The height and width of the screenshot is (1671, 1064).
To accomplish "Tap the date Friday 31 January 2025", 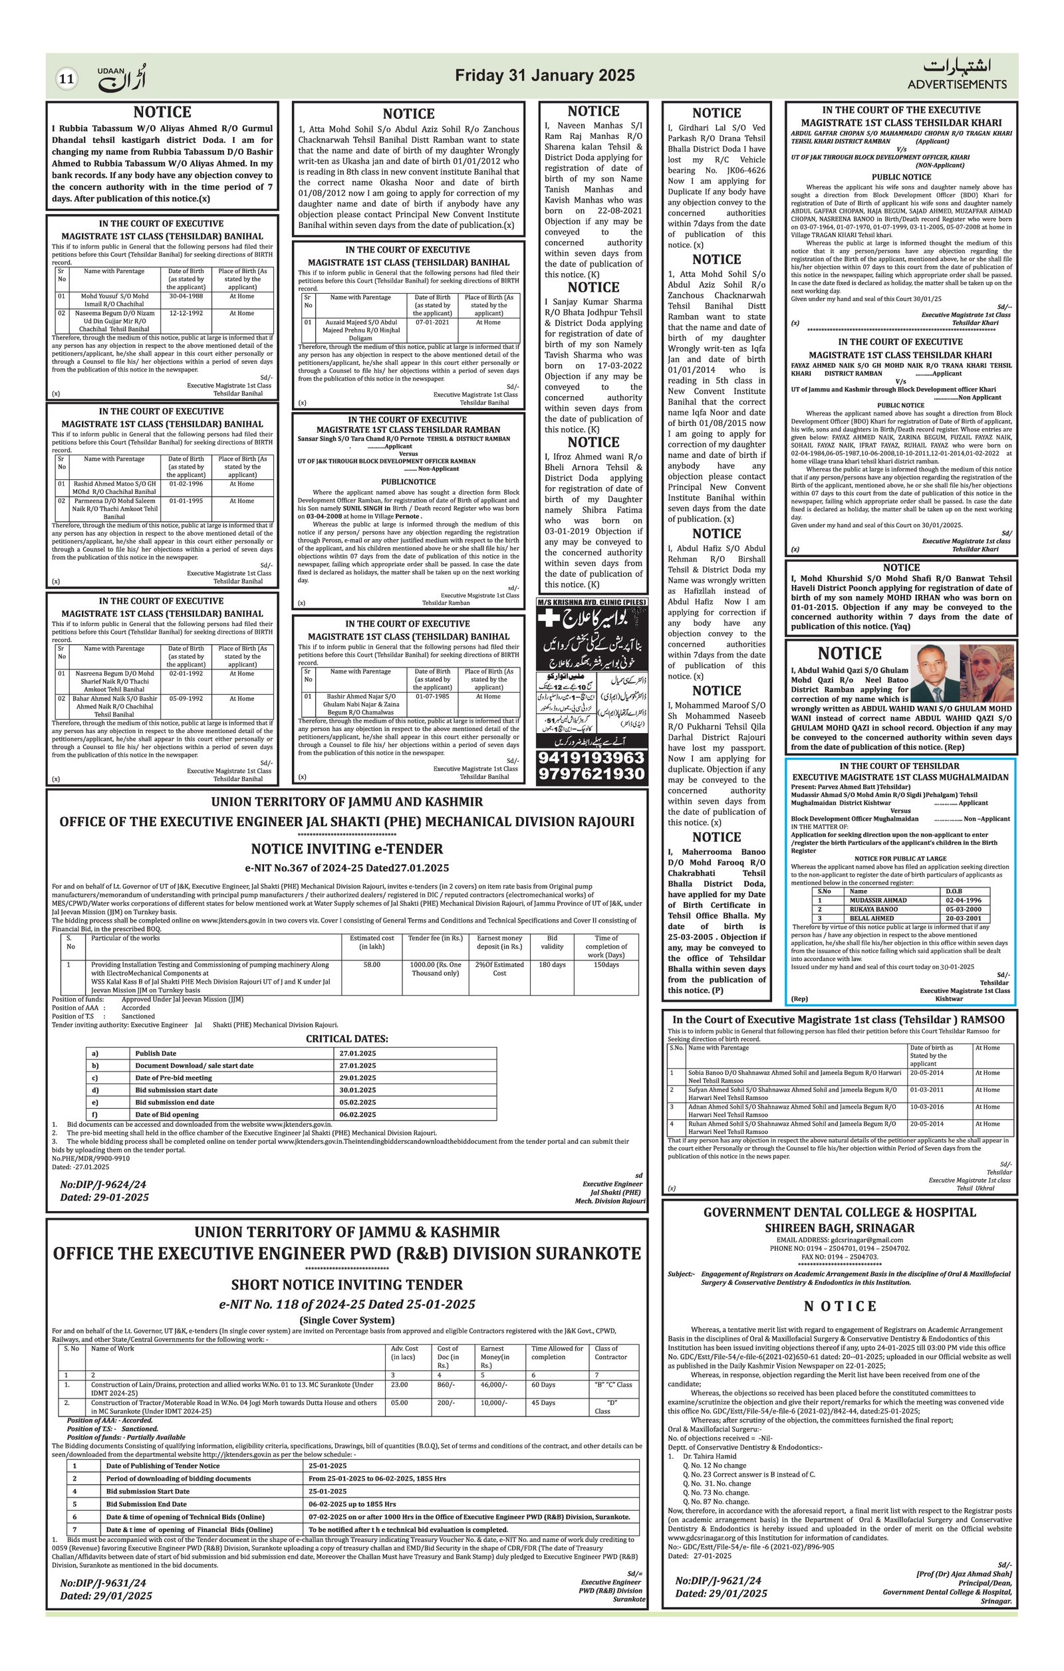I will pos(544,76).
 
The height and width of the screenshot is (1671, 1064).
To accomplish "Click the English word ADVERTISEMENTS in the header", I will pos(956,84).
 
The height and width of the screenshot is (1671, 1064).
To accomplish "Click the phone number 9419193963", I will pos(591,757).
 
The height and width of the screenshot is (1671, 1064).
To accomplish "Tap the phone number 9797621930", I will pos(591,774).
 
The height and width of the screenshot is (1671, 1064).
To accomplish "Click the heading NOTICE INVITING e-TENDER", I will pos(346,849).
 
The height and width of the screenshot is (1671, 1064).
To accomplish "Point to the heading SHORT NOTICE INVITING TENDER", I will pos(346,1284).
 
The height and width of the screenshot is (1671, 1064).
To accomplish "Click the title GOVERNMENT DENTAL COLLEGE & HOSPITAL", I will pos(839,1212).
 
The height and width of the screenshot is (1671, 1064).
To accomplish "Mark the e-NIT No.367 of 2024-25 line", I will pos(346,867).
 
